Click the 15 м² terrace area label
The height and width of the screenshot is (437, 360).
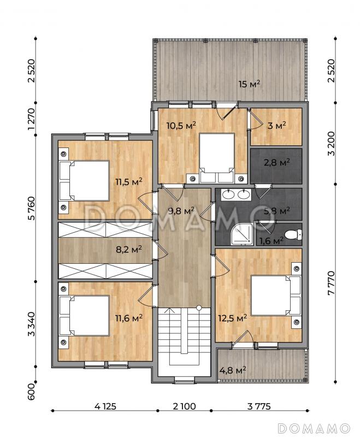point(250,84)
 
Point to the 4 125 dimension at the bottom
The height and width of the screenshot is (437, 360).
point(105,406)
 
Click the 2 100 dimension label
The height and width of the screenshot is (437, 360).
point(184,406)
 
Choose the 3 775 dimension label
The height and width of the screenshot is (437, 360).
point(259,406)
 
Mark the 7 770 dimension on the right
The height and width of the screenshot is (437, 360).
point(331,283)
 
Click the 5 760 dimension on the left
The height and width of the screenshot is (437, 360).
point(32,208)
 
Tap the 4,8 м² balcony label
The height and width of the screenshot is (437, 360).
point(233,370)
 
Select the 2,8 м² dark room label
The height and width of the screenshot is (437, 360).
point(276,162)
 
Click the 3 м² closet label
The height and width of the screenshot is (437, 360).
point(276,126)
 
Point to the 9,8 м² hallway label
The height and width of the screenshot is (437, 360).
point(181,211)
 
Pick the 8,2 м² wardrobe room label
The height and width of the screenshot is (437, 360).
point(129,249)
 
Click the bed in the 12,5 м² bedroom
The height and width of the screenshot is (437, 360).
point(276,296)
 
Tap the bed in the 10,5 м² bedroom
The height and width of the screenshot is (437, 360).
point(217,158)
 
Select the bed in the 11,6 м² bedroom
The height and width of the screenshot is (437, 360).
point(84,316)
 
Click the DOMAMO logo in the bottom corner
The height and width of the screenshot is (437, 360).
point(314,428)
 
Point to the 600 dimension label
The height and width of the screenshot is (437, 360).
point(32,391)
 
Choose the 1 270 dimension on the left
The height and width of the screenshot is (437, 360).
point(32,119)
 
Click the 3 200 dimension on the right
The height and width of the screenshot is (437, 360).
point(331,144)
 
